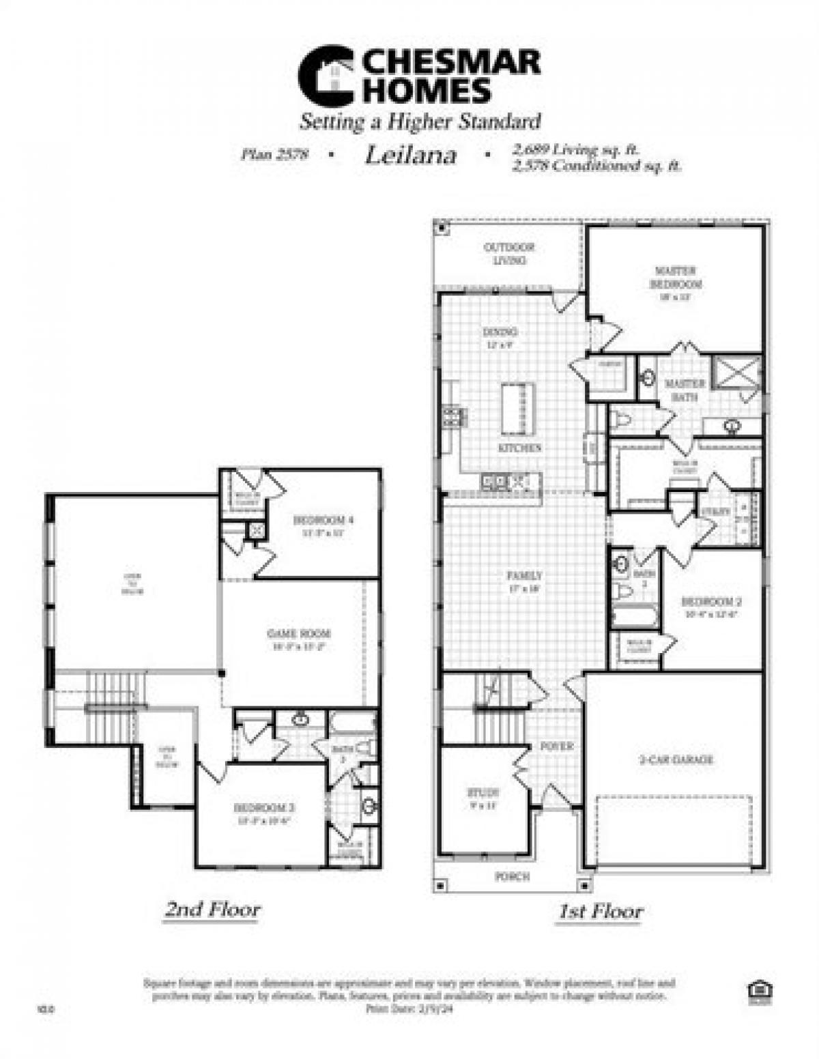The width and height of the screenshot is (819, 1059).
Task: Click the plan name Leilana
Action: coord(410,156)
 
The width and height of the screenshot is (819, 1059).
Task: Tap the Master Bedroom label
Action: coord(676,277)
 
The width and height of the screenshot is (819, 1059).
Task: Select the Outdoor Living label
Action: coord(509,254)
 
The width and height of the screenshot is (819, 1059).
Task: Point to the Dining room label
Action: coord(500,332)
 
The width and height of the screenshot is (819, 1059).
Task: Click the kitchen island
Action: coord(518,409)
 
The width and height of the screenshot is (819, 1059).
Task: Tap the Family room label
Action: coord(523,575)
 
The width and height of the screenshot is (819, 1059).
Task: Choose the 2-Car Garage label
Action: coord(676,759)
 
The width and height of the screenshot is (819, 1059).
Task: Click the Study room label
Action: coord(483,793)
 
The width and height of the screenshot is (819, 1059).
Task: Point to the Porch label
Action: coord(512,876)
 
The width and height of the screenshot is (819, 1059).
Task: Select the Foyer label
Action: coord(557,746)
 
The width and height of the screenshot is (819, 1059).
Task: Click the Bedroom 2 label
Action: coord(711,602)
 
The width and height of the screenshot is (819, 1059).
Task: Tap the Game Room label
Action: coord(298,634)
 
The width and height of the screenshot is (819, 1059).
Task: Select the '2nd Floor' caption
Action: coord(212,910)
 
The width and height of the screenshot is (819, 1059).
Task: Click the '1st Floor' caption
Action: coord(600,911)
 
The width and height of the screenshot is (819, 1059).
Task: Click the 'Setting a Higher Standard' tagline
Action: coord(420,122)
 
